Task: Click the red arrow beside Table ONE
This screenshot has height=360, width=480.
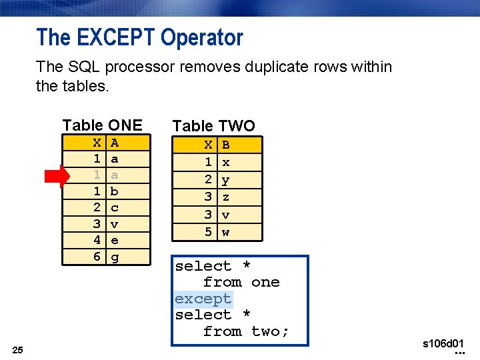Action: [x=57, y=176]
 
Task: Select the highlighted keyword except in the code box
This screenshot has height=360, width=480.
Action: [x=203, y=299]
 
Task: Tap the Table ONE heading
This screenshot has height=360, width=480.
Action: [x=102, y=125]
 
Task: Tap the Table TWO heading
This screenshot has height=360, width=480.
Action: [x=213, y=126]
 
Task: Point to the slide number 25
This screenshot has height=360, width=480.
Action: [x=18, y=350]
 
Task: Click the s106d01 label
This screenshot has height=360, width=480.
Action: [x=443, y=343]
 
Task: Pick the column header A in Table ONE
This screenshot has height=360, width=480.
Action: [x=115, y=143]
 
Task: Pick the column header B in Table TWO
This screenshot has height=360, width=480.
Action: [x=226, y=145]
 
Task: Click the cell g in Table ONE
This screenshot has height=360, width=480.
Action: [x=115, y=257]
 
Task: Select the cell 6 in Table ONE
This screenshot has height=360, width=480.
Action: [x=97, y=257]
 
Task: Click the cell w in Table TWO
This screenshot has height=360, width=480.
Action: [x=226, y=231]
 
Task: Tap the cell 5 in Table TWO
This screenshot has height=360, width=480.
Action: [x=208, y=231]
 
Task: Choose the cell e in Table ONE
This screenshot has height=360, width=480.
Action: [x=115, y=240]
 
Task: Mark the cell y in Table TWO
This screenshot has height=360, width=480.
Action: [x=226, y=179]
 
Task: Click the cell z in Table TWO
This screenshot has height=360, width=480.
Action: [x=226, y=197]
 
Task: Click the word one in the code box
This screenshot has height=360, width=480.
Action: [x=265, y=282]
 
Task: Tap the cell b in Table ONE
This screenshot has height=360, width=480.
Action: [x=115, y=191]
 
